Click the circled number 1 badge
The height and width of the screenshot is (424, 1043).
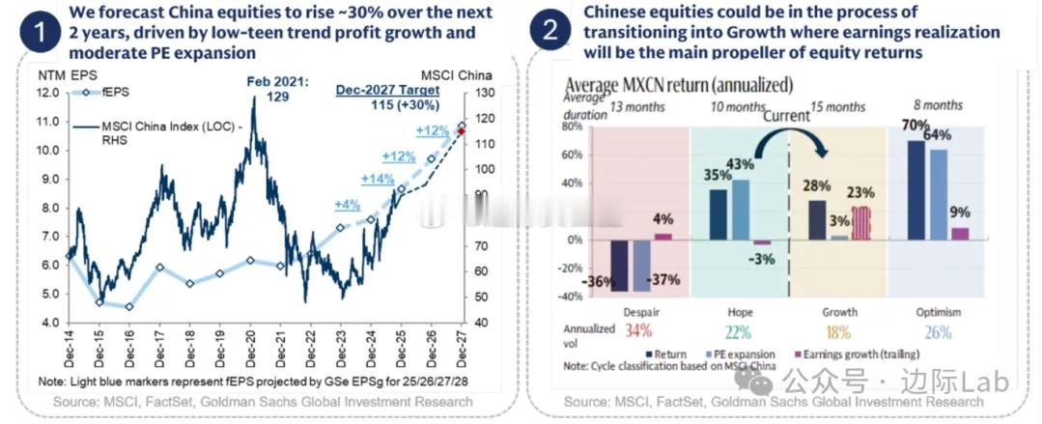tap(39, 33)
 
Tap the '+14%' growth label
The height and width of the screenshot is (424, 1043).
tap(378, 179)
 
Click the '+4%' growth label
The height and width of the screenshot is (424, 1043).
tap(349, 205)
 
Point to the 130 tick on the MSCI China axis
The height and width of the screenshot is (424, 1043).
tap(480, 93)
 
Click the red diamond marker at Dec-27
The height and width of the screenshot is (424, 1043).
tap(461, 132)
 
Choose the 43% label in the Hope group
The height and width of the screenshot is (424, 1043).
tap(741, 163)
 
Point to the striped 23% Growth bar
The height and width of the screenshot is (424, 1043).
tap(860, 222)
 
